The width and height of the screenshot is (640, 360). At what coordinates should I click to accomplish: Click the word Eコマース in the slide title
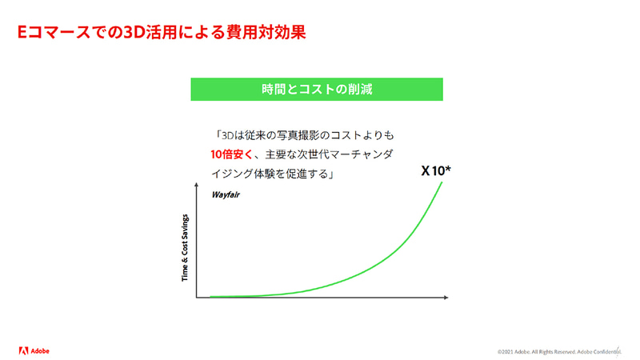[54, 34]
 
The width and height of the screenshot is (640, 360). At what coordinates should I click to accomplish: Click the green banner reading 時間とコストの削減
[317, 90]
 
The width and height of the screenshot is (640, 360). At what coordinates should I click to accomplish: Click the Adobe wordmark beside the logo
[41, 350]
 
